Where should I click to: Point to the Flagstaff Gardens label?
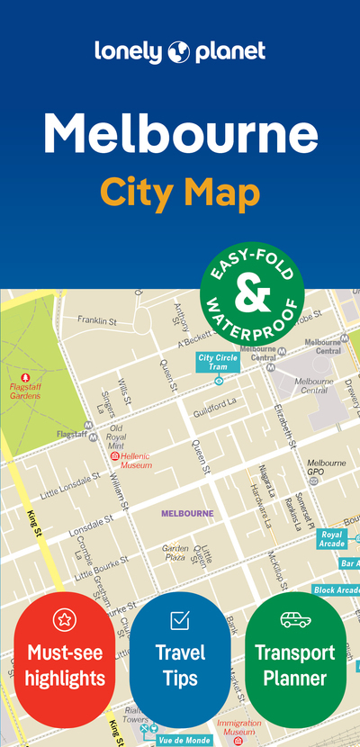click(25, 391)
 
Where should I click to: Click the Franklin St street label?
click(97, 320)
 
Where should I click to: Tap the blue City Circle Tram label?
click(218, 362)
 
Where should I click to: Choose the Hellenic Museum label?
click(137, 462)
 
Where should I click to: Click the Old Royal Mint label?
click(116, 436)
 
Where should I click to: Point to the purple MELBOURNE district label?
click(187, 513)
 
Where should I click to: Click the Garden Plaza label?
click(175, 552)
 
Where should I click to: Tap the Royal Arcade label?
click(332, 538)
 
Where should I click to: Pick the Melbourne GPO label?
click(326, 467)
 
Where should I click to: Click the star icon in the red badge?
click(64, 619)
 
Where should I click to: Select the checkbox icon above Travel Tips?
click(179, 619)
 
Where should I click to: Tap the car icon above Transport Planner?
click(295, 619)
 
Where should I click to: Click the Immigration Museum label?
click(238, 726)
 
